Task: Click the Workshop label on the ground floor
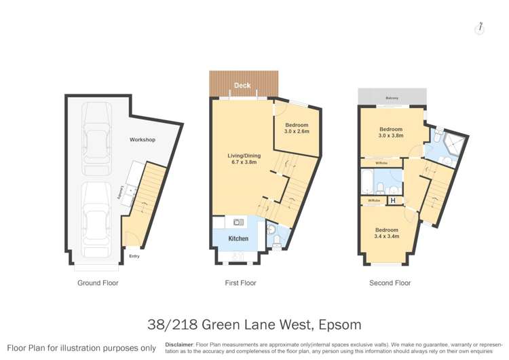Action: coord(143,140)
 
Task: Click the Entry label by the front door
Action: coord(134,256)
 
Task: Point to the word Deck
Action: coord(242,86)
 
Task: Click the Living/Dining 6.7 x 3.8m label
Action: coord(242,160)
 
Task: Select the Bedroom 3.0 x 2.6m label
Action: coord(297,128)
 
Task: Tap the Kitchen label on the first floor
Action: coord(238,239)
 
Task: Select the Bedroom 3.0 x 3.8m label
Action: coord(391,132)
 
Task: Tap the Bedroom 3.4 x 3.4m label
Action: coord(388,234)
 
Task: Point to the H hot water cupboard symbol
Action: coord(392,201)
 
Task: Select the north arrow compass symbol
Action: coord(480,27)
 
